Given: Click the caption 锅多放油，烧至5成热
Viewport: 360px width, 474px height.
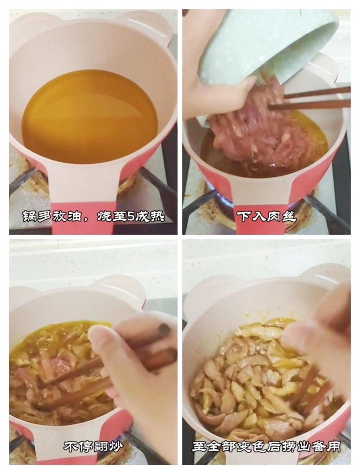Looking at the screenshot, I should pos(93,216).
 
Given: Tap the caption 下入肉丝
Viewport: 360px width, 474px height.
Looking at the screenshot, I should pos(266,216).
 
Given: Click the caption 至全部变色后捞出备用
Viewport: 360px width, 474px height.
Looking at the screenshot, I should pos(266,447).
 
